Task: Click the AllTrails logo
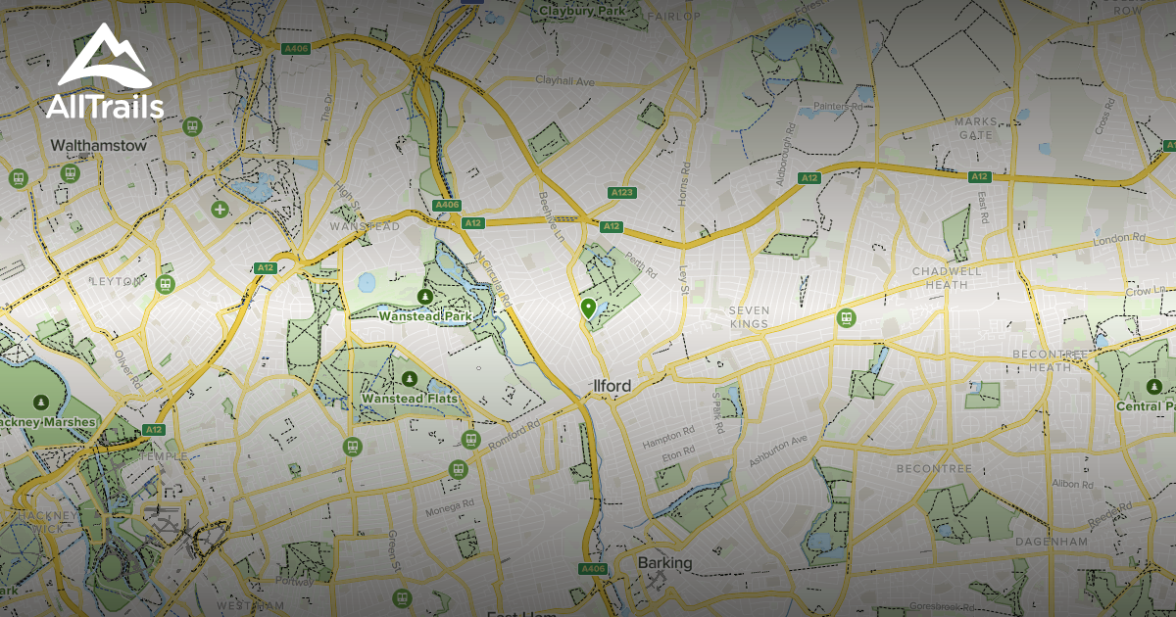[x=104, y=73]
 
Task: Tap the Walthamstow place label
[x=98, y=146]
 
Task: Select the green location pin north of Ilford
[x=588, y=309]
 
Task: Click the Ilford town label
[x=612, y=386]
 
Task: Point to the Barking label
[x=664, y=563]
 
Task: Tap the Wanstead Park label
[x=425, y=316]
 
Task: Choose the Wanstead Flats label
[x=409, y=399]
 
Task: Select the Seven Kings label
[x=749, y=316]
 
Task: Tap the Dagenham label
[x=1051, y=541]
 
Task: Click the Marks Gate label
[x=975, y=127]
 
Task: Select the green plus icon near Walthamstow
[x=220, y=209]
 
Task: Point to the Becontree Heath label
[x=1050, y=359]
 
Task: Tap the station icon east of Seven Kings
[x=846, y=317]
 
